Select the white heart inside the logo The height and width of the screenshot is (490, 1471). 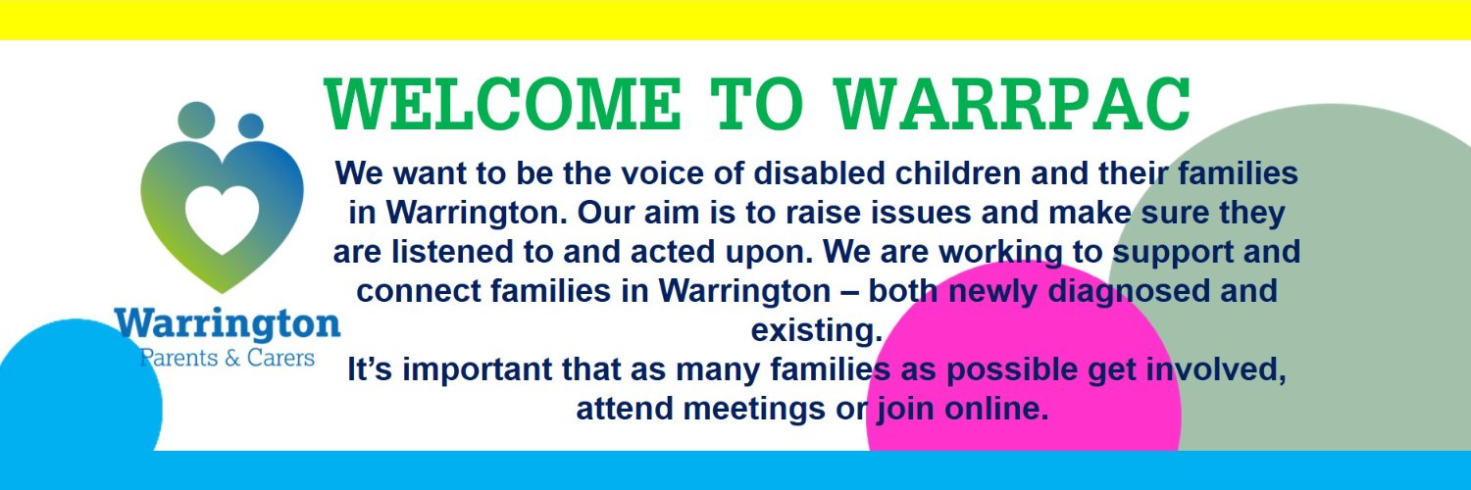tap(222, 216)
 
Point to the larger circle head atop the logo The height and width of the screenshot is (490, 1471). tap(197, 121)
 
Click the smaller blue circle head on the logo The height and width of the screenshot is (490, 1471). tap(251, 126)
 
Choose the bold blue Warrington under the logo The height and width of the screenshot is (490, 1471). tap(227, 323)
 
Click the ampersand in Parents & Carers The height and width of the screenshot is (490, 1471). tap(232, 358)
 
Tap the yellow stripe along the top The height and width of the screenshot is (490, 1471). tap(735, 20)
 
